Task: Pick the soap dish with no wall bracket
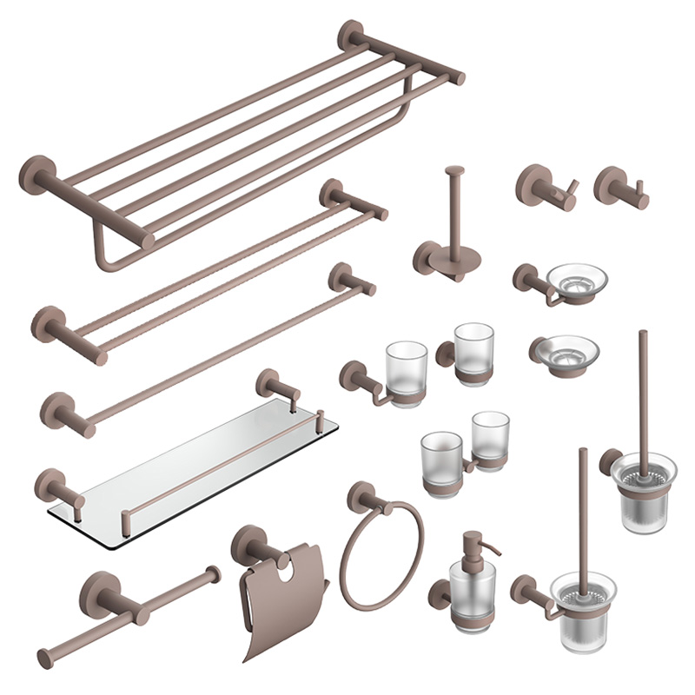pyautogui.click(x=564, y=351)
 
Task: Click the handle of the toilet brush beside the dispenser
pyautogui.click(x=583, y=504)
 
